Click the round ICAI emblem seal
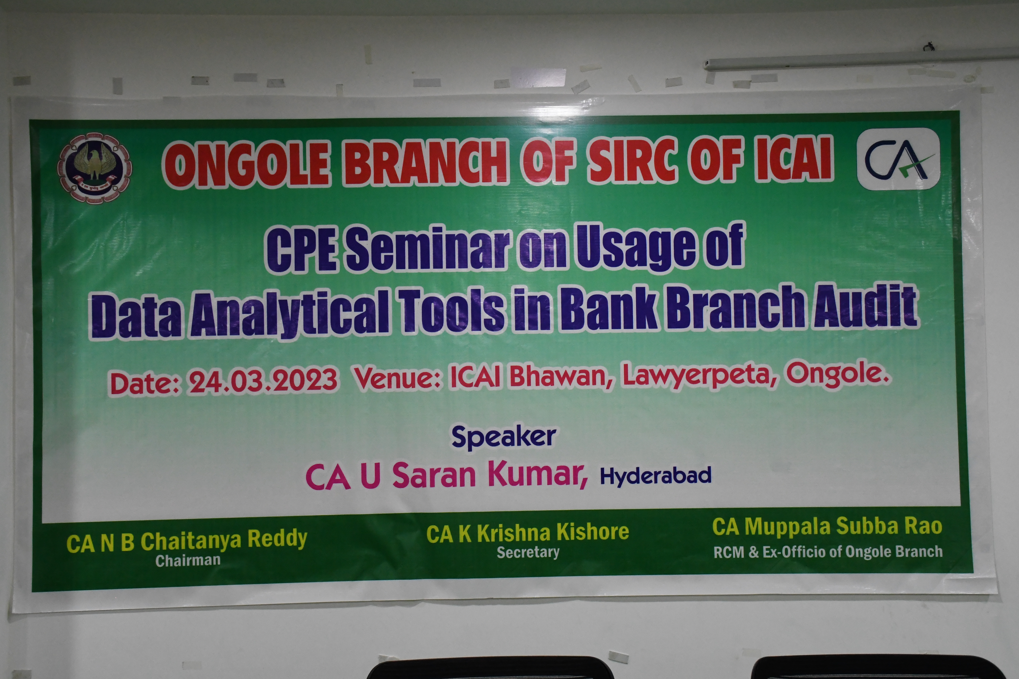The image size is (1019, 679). (95, 168)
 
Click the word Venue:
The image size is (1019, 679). (398, 378)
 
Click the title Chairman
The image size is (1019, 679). (188, 560)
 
